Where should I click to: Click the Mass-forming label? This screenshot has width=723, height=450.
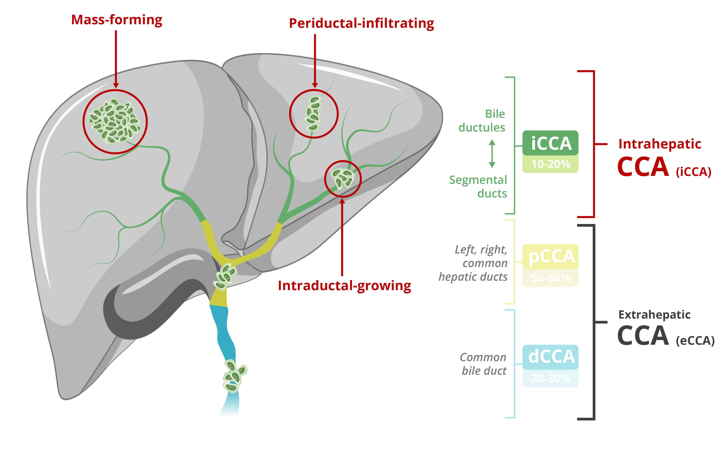point(116,20)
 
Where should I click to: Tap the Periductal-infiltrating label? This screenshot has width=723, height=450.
point(361,24)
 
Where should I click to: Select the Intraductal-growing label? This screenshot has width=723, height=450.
point(344,286)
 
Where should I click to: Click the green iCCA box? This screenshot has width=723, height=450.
point(550,143)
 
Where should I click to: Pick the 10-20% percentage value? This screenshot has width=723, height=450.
point(550,164)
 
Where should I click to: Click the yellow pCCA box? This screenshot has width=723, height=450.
point(550,256)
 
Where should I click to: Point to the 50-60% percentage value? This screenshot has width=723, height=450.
point(550,278)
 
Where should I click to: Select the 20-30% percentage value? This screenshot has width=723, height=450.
point(550,378)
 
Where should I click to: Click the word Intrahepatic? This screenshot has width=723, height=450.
point(660,144)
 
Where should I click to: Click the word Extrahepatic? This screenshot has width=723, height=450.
point(654,315)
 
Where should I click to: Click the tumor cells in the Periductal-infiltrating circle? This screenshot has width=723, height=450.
point(313,113)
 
